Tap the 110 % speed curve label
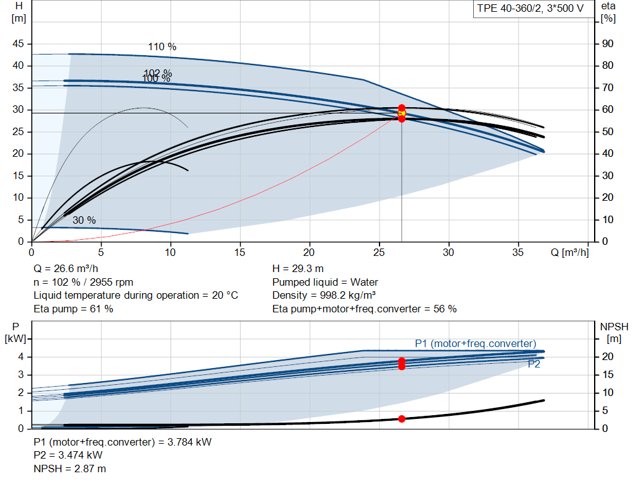point(162,47)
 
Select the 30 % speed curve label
point(84,220)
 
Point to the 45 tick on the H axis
point(18,44)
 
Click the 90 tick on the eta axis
point(608,44)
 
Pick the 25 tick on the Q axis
point(379,252)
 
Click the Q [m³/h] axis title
point(569,252)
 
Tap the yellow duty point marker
point(401,113)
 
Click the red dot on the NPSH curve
point(401,419)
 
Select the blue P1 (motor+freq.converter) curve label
point(476,343)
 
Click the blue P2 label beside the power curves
point(534,364)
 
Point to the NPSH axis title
point(614,333)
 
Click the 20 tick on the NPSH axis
point(608,356)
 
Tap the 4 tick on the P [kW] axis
point(21,356)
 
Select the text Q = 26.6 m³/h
point(66,269)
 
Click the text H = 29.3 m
point(298,269)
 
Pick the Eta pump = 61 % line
point(73,309)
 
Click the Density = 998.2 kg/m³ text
point(324,296)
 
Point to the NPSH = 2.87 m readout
point(69,469)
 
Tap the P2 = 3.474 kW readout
point(68,455)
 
